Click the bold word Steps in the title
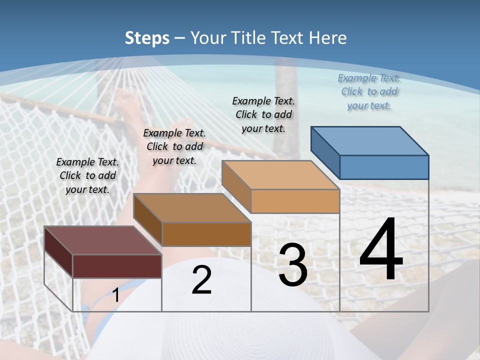[x=147, y=38]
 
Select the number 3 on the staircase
[x=292, y=265]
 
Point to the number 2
[x=201, y=280]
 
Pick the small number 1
[x=115, y=295]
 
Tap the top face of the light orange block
[x=280, y=175]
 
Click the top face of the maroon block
[x=102, y=240]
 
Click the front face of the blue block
[x=384, y=167]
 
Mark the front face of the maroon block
[x=117, y=266]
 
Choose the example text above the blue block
[x=369, y=91]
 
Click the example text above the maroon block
[x=87, y=175]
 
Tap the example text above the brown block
[x=174, y=146]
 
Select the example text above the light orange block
[x=263, y=114]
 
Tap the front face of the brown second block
[x=206, y=234]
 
